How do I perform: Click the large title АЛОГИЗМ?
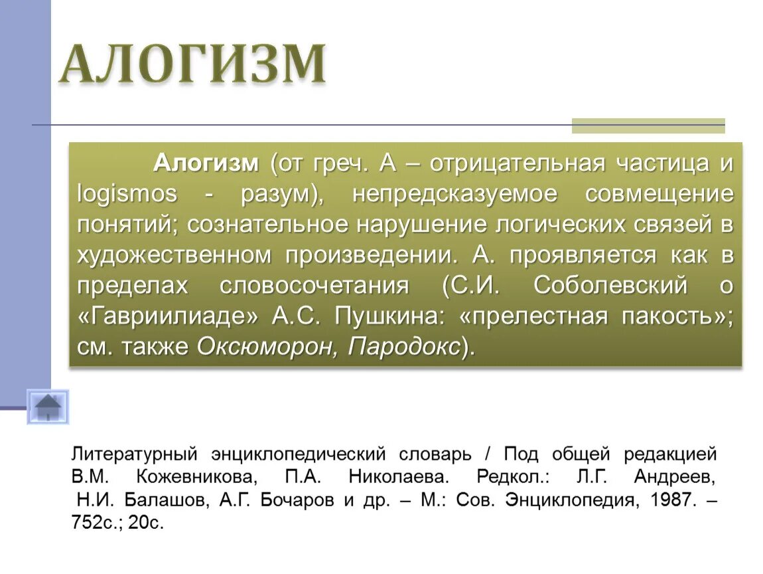point(192,64)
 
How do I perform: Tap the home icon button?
point(48,407)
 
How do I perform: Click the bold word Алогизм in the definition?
point(206,163)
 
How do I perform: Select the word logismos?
point(127,194)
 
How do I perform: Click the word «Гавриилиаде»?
point(168,316)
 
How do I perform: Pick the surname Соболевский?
point(610,286)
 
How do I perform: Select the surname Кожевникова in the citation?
point(195,478)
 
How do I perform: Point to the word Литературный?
point(135,455)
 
